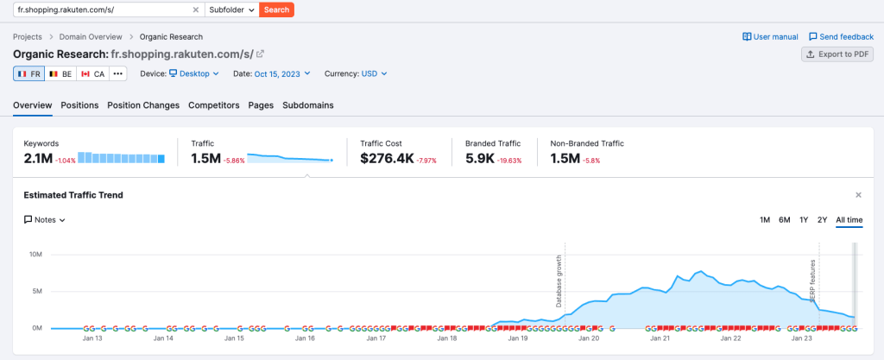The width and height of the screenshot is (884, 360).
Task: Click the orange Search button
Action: click(x=276, y=9)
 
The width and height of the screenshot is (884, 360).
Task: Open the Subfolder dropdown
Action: click(x=231, y=9)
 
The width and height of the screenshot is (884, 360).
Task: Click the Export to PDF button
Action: click(x=837, y=54)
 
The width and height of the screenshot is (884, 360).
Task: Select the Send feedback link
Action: click(x=841, y=37)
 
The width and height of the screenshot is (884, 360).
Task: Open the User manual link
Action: click(x=770, y=37)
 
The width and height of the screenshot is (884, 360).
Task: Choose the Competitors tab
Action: click(x=213, y=105)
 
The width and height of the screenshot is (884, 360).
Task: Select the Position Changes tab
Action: click(x=143, y=105)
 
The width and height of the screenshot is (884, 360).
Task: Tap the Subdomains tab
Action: click(x=308, y=105)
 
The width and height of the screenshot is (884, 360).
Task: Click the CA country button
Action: click(x=92, y=74)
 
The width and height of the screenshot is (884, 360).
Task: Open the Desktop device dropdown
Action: click(x=194, y=74)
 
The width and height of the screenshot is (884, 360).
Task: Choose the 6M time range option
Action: click(x=784, y=220)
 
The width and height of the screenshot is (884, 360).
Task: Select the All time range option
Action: click(x=849, y=220)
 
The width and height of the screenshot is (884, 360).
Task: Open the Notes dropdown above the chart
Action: click(x=45, y=220)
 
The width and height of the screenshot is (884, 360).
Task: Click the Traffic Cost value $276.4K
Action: click(x=386, y=158)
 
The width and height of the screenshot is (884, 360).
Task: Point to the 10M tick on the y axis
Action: click(x=36, y=255)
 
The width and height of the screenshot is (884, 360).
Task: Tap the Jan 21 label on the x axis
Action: click(x=660, y=339)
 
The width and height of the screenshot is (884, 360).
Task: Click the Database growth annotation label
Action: click(x=559, y=281)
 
